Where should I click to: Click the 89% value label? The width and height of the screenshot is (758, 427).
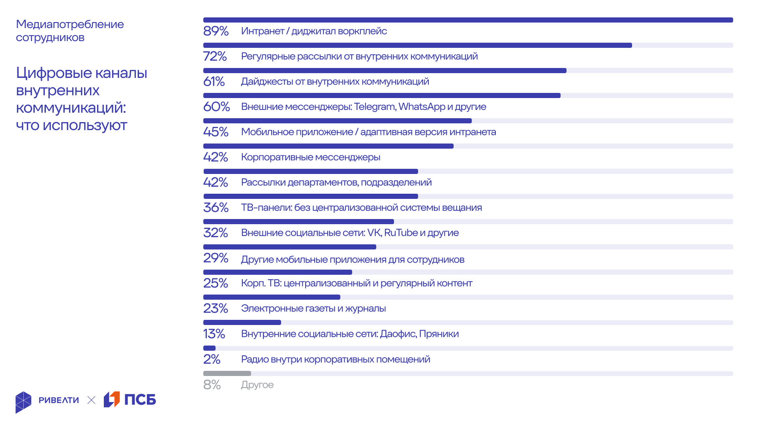216,31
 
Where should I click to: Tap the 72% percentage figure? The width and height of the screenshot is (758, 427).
215,56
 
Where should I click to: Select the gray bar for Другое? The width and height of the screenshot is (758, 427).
227,373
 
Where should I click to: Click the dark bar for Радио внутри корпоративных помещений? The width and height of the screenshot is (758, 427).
209,348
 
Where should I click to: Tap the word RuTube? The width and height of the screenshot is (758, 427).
401,232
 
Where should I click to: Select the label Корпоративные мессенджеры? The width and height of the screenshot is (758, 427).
311,157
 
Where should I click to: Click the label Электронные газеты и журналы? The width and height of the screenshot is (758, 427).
313,308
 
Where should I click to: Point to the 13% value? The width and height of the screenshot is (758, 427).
214,334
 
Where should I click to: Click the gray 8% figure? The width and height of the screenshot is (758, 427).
212,385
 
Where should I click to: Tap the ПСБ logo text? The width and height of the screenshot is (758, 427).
140,400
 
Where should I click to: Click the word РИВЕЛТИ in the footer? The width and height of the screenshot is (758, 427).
59,400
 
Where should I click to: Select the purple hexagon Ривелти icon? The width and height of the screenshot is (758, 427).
23,402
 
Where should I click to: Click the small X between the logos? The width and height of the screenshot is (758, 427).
91,400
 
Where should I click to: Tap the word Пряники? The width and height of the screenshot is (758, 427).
439,334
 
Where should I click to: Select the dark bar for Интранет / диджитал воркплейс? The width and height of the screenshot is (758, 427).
468,20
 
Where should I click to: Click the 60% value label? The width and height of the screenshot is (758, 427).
216,107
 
